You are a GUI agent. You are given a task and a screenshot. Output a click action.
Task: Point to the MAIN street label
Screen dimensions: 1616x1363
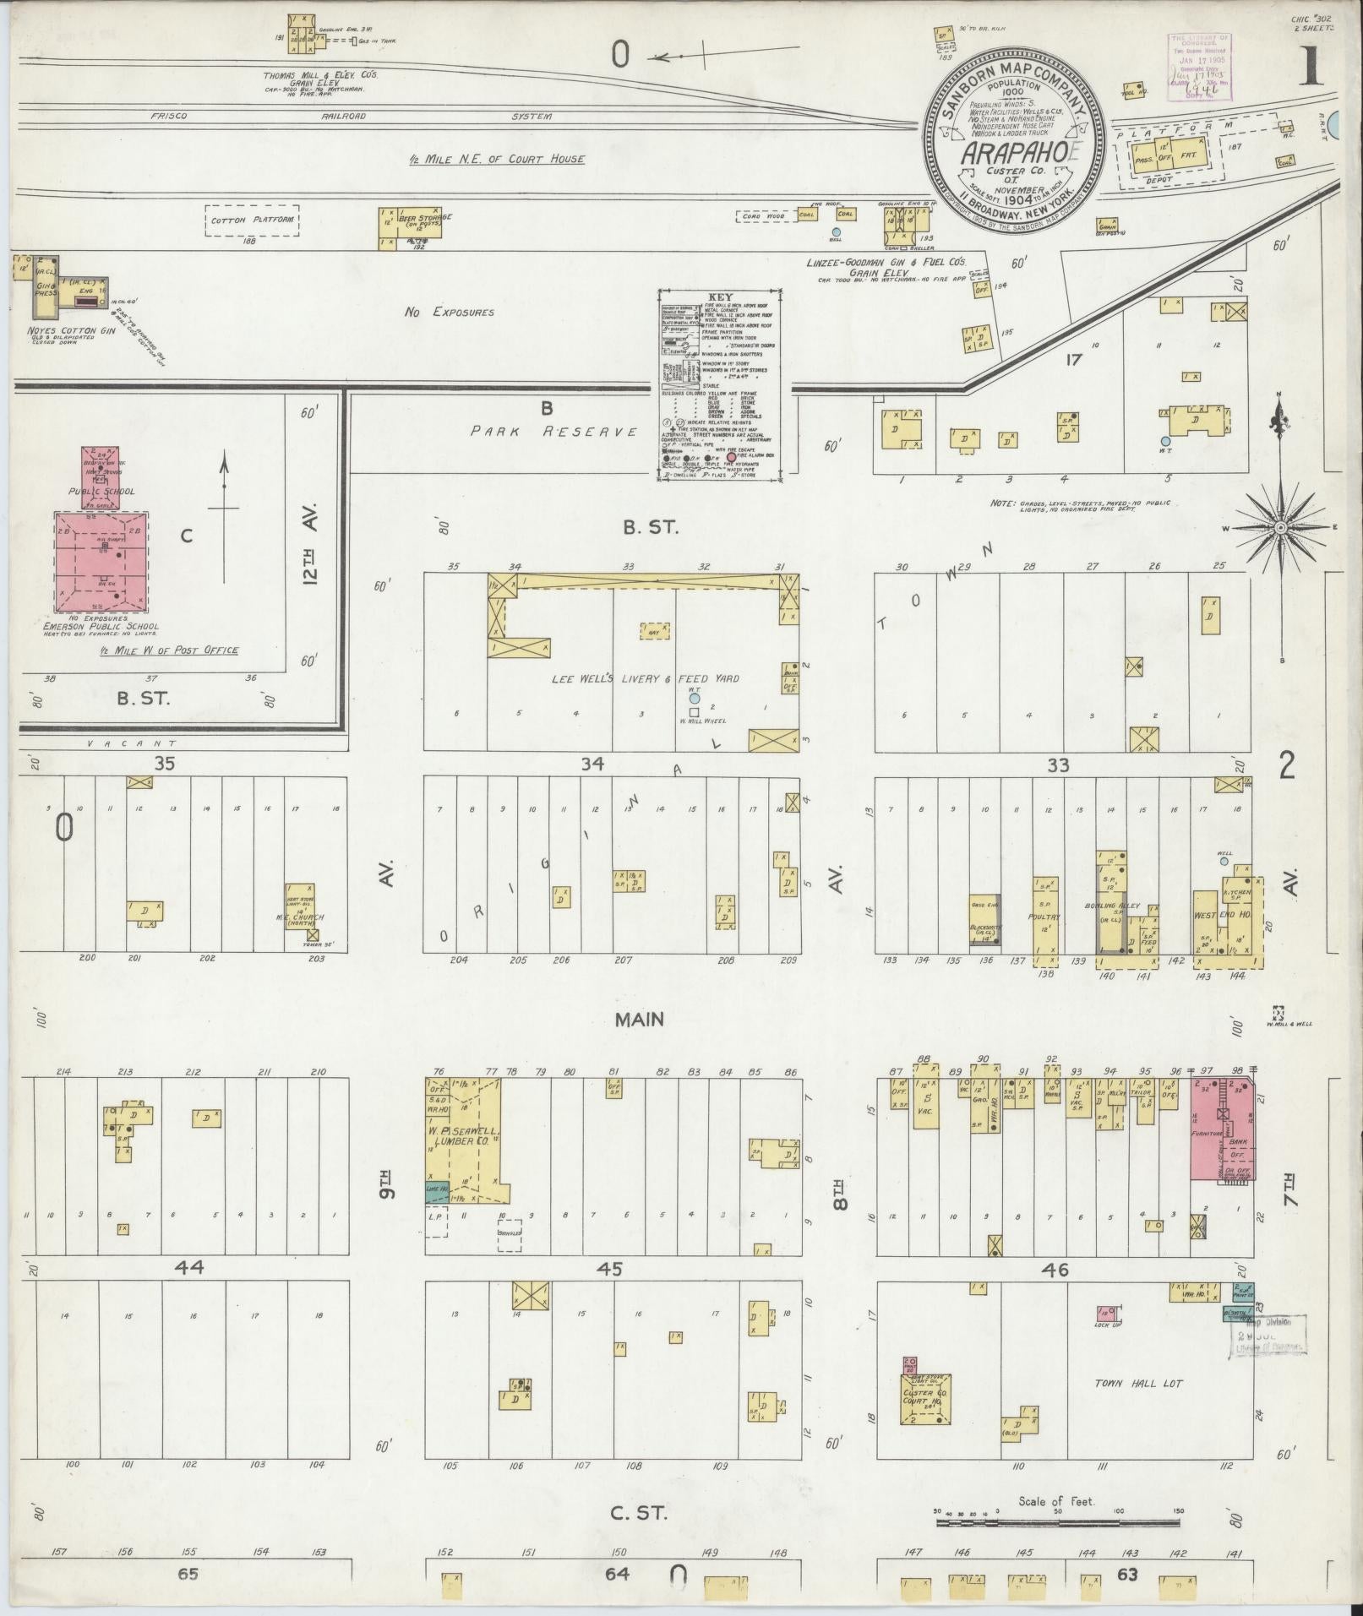pos(639,1020)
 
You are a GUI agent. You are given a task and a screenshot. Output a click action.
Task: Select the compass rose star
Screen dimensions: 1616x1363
pos(1280,527)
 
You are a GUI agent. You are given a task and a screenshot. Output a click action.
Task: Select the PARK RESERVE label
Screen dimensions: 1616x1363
pos(554,431)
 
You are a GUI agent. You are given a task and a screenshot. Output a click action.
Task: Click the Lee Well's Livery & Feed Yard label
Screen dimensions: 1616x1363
pos(645,678)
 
